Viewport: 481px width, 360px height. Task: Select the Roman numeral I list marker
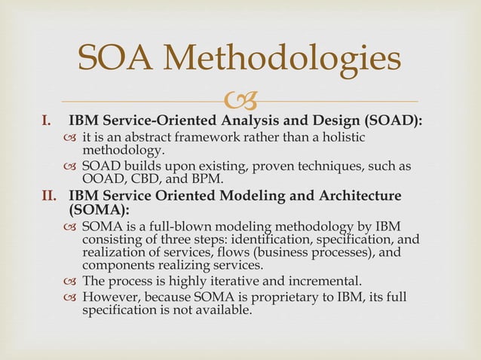(x=47, y=121)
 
